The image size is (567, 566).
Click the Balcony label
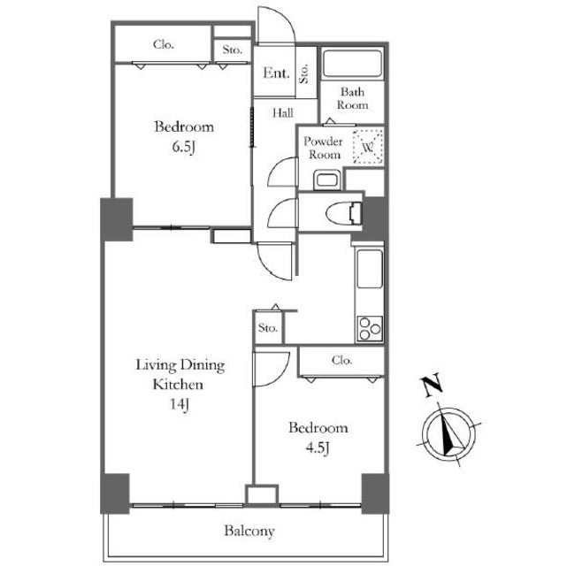[249, 531]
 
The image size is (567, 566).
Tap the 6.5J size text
[184, 147]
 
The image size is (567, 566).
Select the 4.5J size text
[318, 448]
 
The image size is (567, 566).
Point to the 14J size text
[180, 404]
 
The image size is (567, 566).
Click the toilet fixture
[343, 212]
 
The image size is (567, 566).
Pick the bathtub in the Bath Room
[352, 64]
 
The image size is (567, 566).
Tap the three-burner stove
[370, 329]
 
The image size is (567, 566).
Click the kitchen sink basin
[370, 269]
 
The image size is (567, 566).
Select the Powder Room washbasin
[327, 180]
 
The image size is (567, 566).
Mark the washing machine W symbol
[368, 147]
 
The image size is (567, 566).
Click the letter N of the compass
[432, 385]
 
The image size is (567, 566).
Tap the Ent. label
[276, 73]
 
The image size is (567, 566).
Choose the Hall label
[283, 113]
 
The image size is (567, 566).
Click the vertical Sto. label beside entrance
[304, 73]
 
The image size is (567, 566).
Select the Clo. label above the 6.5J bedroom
[163, 44]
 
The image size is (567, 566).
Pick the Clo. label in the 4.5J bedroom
[341, 360]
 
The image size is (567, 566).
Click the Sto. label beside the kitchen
[268, 328]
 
